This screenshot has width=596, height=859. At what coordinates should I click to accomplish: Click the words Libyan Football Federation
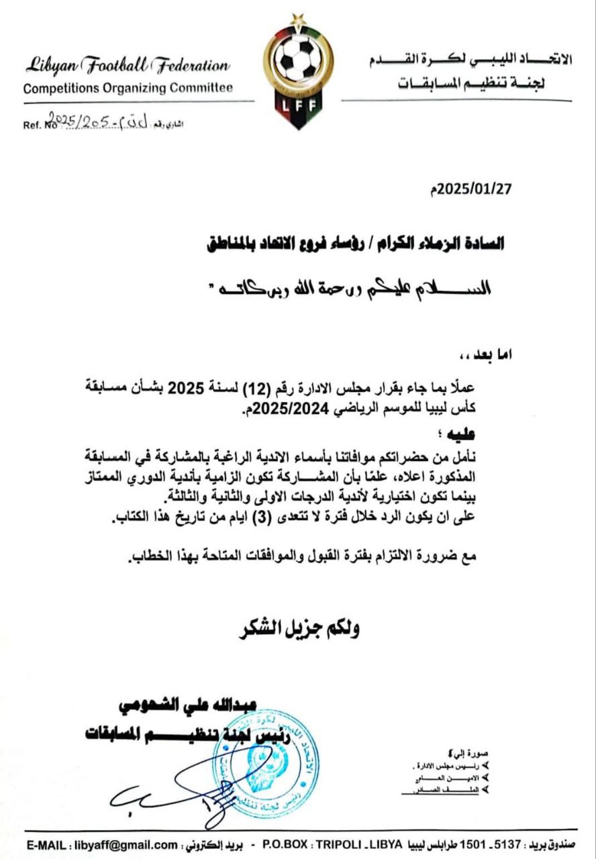coord(128,66)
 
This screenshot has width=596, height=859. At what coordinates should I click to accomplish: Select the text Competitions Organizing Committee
coord(128,88)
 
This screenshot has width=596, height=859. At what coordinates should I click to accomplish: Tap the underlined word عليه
coord(484,436)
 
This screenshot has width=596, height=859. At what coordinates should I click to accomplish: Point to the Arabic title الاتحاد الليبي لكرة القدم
coord(470,60)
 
